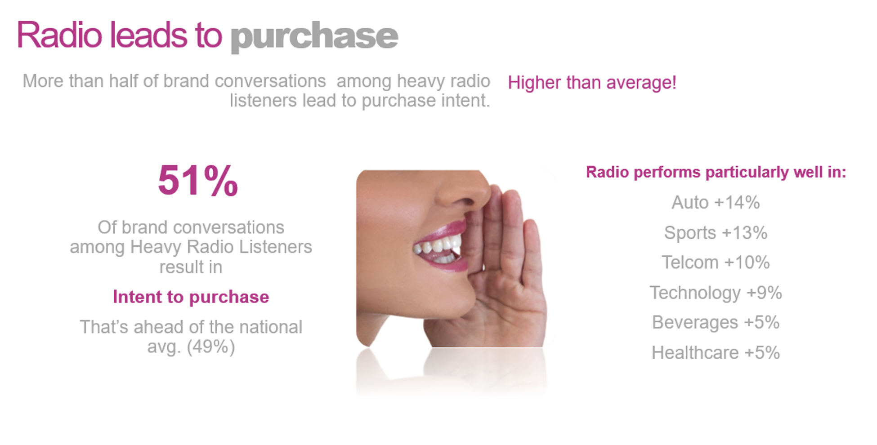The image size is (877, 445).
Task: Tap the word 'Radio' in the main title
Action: tap(59, 35)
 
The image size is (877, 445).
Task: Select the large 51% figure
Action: tap(198, 181)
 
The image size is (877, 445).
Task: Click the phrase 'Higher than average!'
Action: tap(592, 83)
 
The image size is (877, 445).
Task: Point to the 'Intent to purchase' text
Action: tap(191, 297)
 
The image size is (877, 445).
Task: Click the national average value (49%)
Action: tap(210, 347)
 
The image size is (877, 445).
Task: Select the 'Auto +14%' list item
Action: tap(716, 202)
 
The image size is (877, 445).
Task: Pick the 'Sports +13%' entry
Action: tap(716, 233)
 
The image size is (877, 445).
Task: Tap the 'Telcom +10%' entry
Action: tap(716, 263)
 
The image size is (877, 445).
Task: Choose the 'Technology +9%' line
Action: tap(716, 293)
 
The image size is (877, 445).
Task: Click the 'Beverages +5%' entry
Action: tap(716, 323)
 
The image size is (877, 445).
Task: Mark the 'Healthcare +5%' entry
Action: tap(716, 353)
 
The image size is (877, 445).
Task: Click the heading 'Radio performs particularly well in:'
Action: tap(716, 173)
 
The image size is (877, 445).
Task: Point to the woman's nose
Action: tap(463, 191)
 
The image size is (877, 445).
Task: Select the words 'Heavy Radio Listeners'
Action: tap(221, 247)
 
